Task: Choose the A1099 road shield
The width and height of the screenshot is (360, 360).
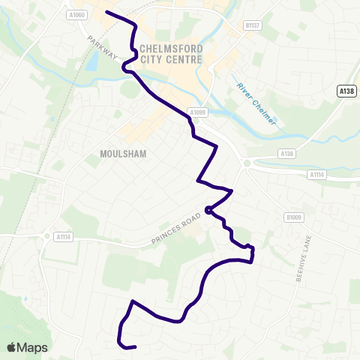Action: click(196, 112)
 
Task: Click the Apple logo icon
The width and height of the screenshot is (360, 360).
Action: click(13, 347)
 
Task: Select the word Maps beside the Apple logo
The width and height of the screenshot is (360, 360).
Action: click(33, 347)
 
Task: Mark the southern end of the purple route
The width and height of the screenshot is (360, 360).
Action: click(134, 347)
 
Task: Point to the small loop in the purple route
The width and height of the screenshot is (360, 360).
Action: click(208, 211)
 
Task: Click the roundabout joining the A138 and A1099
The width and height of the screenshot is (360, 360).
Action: click(247, 162)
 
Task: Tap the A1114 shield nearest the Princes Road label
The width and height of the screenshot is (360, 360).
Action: click(62, 235)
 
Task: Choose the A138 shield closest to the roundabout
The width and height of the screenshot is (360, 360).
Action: click(286, 153)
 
